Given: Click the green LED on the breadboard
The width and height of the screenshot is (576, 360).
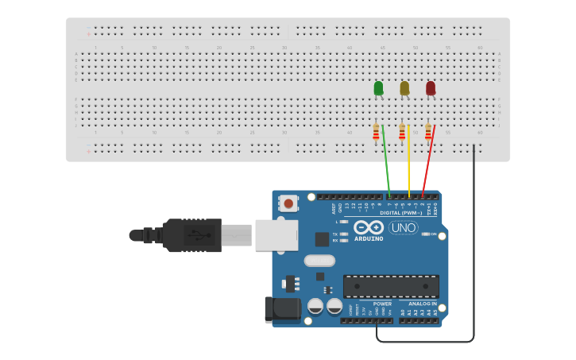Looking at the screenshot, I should (378, 87).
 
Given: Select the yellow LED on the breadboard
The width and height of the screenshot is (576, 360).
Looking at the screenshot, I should (404, 87).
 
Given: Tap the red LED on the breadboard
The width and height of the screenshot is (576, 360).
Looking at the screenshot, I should (431, 87).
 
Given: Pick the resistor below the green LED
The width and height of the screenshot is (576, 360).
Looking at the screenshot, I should (376, 133).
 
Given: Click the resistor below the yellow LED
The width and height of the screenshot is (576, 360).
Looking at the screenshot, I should (402, 133).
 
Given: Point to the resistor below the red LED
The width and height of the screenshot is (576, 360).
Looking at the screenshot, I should (427, 133).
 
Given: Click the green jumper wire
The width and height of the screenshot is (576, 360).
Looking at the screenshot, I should (386, 163).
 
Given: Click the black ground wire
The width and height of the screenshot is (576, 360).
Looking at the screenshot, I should (474, 238).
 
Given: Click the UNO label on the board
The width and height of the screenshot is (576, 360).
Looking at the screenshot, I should (404, 228).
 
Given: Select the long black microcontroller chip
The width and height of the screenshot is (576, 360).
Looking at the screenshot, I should (391, 286).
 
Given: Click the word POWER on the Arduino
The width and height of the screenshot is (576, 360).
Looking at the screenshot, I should (382, 304).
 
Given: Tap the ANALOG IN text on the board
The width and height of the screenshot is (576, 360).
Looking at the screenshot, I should (423, 304).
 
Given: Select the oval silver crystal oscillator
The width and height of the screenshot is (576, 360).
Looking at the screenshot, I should (319, 260).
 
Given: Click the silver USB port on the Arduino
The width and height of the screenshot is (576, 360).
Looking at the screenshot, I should (276, 235).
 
